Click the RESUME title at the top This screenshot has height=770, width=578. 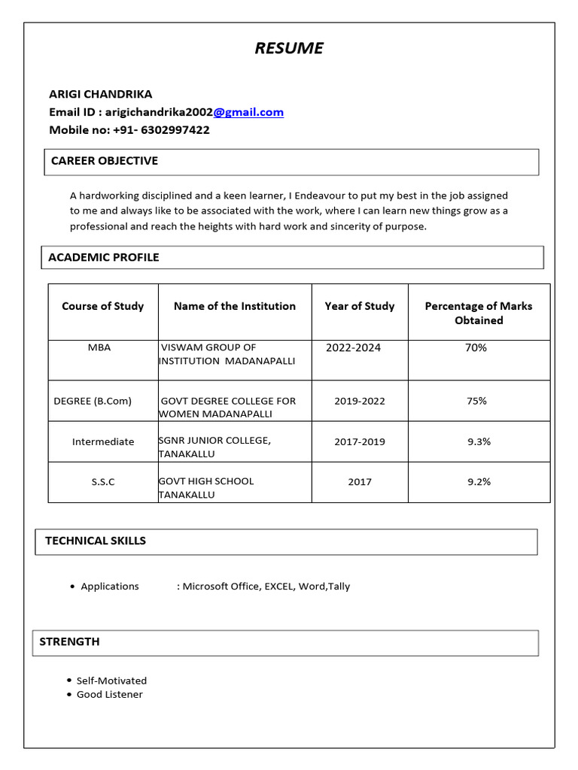pyautogui.click(x=289, y=49)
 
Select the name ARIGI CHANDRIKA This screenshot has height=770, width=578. pyautogui.click(x=100, y=94)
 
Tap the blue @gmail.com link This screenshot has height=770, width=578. pyautogui.click(x=248, y=112)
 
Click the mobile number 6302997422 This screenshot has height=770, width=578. pyautogui.click(x=172, y=130)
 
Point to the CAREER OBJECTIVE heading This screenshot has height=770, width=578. pyautogui.click(x=104, y=161)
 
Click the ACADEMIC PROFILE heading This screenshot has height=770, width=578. pyautogui.click(x=104, y=257)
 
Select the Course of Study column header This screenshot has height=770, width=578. pyautogui.click(x=102, y=306)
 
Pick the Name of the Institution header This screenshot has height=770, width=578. pyautogui.click(x=234, y=306)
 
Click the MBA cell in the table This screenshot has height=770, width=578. pyautogui.click(x=99, y=347)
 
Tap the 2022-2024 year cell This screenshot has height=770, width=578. pyautogui.click(x=353, y=347)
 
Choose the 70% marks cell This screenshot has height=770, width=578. pyautogui.click(x=476, y=347)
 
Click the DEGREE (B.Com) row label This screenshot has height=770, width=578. pyautogui.click(x=93, y=401)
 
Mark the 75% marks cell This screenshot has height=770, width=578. pyautogui.click(x=476, y=401)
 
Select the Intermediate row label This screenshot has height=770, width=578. pyautogui.click(x=103, y=441)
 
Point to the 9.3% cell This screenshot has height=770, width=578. pyautogui.click(x=479, y=441)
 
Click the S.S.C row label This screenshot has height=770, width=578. pyautogui.click(x=103, y=481)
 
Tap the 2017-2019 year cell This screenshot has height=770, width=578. pyautogui.click(x=359, y=441)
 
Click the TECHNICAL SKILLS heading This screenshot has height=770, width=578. pyautogui.click(x=96, y=541)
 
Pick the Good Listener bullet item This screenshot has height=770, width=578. pyautogui.click(x=109, y=694)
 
